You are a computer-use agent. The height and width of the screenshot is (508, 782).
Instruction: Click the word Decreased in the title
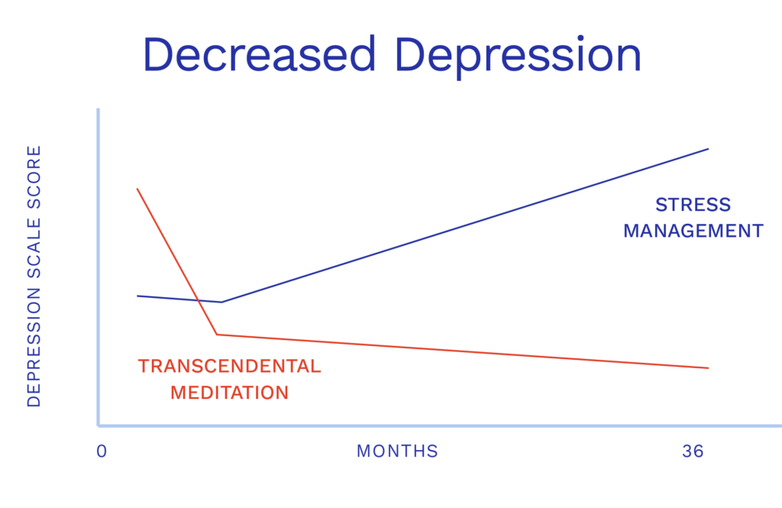pyautogui.click(x=259, y=54)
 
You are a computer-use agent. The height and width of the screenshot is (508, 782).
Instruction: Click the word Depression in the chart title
pyautogui.click(x=517, y=58)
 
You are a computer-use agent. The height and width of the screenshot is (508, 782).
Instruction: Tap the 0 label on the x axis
pyautogui.click(x=102, y=451)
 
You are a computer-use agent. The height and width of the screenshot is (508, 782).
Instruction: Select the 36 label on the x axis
pyautogui.click(x=693, y=451)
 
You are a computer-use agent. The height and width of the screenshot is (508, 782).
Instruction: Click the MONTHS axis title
pyautogui.click(x=397, y=451)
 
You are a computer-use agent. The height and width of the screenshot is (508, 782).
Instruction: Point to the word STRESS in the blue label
pyautogui.click(x=693, y=205)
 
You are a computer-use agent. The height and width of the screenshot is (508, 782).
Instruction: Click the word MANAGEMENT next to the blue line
pyautogui.click(x=693, y=231)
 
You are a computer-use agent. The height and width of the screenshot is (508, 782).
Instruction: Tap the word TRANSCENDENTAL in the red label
pyautogui.click(x=229, y=366)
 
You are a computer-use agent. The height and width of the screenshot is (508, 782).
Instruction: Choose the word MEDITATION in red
pyautogui.click(x=229, y=393)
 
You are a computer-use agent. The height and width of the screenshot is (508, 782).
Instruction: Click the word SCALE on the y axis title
pyautogui.click(x=34, y=248)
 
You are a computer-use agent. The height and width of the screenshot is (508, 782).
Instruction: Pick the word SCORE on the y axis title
pyautogui.click(x=34, y=177)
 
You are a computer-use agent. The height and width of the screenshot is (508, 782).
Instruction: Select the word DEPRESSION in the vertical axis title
pyautogui.click(x=34, y=348)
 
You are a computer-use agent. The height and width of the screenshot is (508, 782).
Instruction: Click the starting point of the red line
pyautogui.click(x=137, y=189)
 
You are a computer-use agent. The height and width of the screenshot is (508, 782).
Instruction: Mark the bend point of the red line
pyautogui.click(x=216, y=335)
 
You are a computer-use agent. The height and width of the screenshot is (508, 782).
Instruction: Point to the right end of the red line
pyautogui.click(x=708, y=368)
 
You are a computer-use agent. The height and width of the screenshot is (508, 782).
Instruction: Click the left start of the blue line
pyautogui.click(x=137, y=296)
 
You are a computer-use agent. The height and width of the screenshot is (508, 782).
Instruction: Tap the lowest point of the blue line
pyautogui.click(x=221, y=302)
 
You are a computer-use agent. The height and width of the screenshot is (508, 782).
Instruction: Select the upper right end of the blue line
pyautogui.click(x=708, y=149)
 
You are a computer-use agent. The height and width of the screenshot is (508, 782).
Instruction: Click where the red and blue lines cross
pyautogui.click(x=199, y=300)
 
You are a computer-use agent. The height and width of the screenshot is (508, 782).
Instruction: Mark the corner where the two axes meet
pyautogui.click(x=99, y=425)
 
